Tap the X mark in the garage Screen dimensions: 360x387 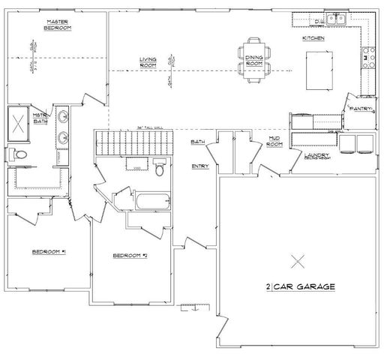tap(298, 261)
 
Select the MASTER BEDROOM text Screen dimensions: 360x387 tap(57, 25)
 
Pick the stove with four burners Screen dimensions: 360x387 tap(368, 54)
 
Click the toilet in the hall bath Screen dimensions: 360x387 tap(159, 169)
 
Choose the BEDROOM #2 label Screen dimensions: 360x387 tap(129, 256)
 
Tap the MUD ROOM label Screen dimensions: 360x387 tap(276, 142)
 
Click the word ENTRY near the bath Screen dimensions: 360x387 tap(199, 166)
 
